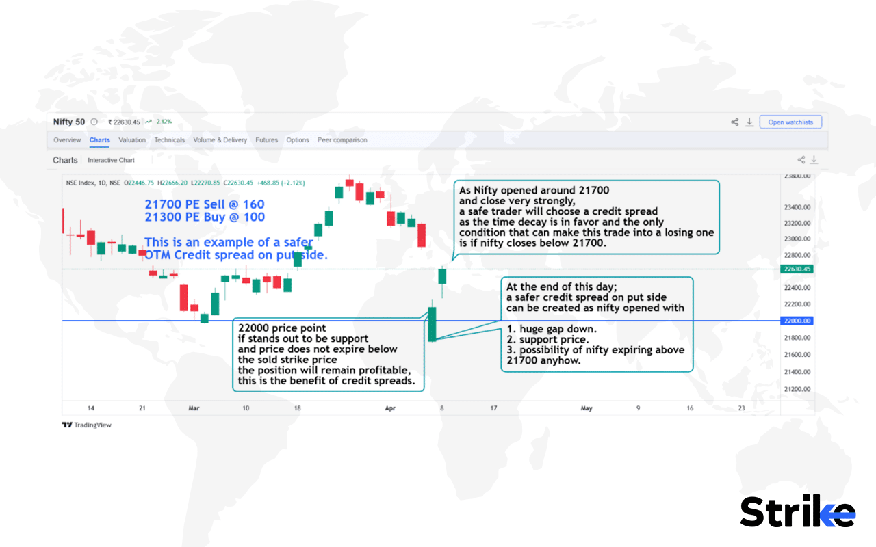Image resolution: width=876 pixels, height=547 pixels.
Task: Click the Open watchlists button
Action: [x=790, y=122]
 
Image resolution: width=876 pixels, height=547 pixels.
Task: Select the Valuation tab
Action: [x=132, y=140]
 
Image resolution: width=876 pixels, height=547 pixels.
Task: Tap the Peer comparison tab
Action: [x=342, y=140]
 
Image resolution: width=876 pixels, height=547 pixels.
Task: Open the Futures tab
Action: [x=266, y=140]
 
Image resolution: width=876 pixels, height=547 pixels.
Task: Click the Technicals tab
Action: [x=169, y=140]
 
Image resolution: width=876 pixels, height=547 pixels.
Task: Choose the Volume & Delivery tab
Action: [x=220, y=140]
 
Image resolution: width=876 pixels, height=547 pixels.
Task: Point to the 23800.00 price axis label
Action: [x=797, y=176]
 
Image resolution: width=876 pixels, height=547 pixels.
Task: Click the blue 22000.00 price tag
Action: [x=797, y=321]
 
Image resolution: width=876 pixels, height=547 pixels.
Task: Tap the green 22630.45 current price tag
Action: [x=797, y=269]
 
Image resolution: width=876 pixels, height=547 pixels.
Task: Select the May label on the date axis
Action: [x=587, y=408]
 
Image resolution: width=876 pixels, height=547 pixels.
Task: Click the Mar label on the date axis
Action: [x=194, y=408]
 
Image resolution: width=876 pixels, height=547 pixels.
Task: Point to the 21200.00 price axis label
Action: [x=797, y=389]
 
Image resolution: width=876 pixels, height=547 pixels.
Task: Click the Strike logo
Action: [x=797, y=511]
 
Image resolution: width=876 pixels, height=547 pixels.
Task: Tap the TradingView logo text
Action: [x=87, y=425]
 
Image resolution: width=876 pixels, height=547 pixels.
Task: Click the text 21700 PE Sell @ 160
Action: [x=204, y=204]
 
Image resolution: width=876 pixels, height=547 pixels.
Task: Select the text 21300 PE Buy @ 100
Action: [x=204, y=217]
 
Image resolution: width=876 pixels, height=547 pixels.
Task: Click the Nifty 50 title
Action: [x=69, y=122]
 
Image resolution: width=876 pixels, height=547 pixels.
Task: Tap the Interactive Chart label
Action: [x=111, y=160]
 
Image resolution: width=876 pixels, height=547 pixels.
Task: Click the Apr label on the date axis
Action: [x=390, y=408]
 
